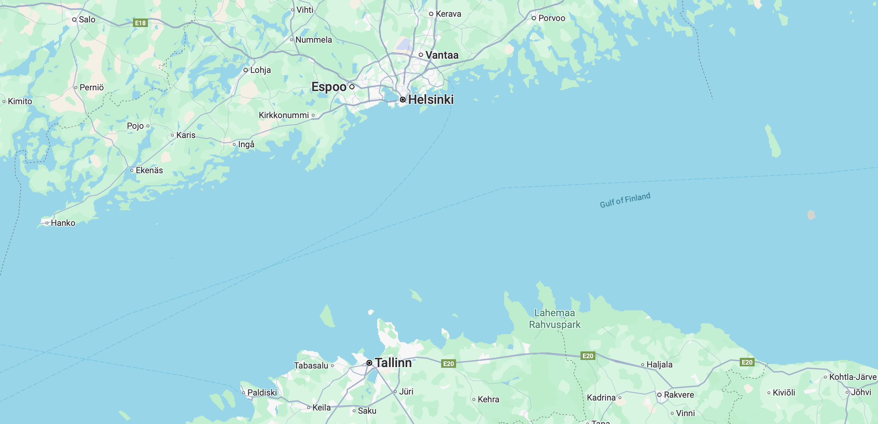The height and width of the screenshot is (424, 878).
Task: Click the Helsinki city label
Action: pyautogui.click(x=431, y=100)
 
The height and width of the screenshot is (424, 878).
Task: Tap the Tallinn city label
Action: pyautogui.click(x=393, y=363)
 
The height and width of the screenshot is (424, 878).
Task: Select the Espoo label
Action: pyautogui.click(x=329, y=87)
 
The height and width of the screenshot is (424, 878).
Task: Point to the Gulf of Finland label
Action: pyautogui.click(x=625, y=200)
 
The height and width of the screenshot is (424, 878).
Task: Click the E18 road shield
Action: pyautogui.click(x=140, y=23)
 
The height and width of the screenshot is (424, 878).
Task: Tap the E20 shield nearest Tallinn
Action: pyautogui.click(x=448, y=364)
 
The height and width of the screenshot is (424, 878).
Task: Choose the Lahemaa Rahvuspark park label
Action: pyautogui.click(x=555, y=319)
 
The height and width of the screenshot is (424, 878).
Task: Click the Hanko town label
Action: pyautogui.click(x=63, y=223)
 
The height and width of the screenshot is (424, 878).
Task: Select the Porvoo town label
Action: pyautogui.click(x=552, y=18)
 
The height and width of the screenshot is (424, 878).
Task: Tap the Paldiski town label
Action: pyautogui.click(x=262, y=393)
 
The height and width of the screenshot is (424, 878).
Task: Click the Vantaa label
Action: pyautogui.click(x=442, y=55)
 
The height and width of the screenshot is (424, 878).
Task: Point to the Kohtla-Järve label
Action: pyautogui.click(x=853, y=377)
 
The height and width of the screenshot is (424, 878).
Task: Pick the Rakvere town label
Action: pyautogui.click(x=679, y=395)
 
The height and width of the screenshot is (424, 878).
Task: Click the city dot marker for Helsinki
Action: pyautogui.click(x=403, y=100)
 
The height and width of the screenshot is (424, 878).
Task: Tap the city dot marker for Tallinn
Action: pyautogui.click(x=369, y=363)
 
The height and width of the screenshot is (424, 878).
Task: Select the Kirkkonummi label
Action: pyautogui.click(x=284, y=115)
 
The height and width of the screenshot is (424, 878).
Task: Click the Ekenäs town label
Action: pyautogui.click(x=149, y=170)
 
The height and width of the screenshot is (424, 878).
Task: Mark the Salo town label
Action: pyautogui.click(x=87, y=20)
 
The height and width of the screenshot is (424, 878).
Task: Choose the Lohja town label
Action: pyautogui.click(x=260, y=70)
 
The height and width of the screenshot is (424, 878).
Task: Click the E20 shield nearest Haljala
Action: pyautogui.click(x=588, y=356)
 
